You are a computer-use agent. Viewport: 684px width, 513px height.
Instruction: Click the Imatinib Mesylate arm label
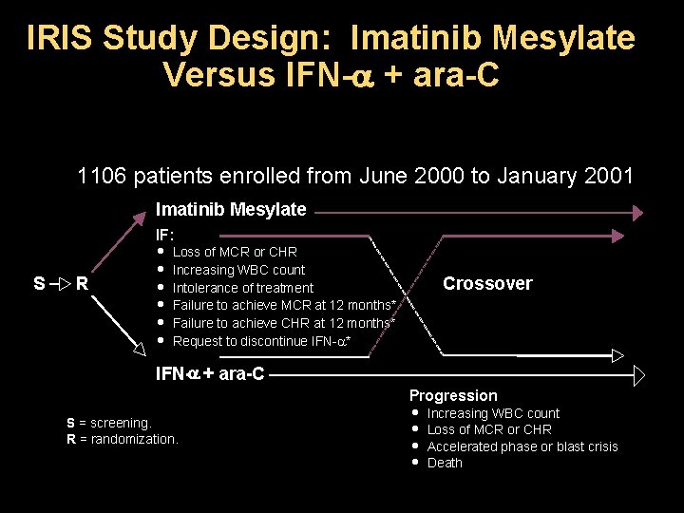click(x=231, y=210)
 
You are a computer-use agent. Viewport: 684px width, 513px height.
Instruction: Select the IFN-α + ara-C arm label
click(x=210, y=373)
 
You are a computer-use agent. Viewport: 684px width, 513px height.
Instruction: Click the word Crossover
click(x=487, y=283)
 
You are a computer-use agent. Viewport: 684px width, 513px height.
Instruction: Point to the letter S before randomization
click(x=39, y=283)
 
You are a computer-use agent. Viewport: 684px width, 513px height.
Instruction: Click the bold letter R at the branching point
click(x=83, y=283)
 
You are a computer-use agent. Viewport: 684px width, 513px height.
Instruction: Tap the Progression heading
click(x=453, y=395)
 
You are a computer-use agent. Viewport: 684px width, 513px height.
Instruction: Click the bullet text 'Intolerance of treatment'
click(x=242, y=288)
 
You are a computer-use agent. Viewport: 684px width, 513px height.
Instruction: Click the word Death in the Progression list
click(x=445, y=464)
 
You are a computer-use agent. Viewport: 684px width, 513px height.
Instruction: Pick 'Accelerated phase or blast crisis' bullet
click(x=522, y=446)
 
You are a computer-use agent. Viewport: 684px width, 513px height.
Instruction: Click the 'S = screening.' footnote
click(x=108, y=423)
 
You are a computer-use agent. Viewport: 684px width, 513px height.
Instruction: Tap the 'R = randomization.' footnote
click(x=122, y=439)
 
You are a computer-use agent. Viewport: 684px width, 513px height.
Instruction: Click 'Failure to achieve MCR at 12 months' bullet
click(x=284, y=305)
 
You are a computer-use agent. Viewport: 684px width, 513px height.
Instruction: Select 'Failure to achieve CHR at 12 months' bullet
click(x=284, y=323)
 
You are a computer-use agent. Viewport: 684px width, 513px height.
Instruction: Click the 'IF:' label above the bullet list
click(x=165, y=232)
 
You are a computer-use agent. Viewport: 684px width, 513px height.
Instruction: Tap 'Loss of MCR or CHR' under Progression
click(x=488, y=429)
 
